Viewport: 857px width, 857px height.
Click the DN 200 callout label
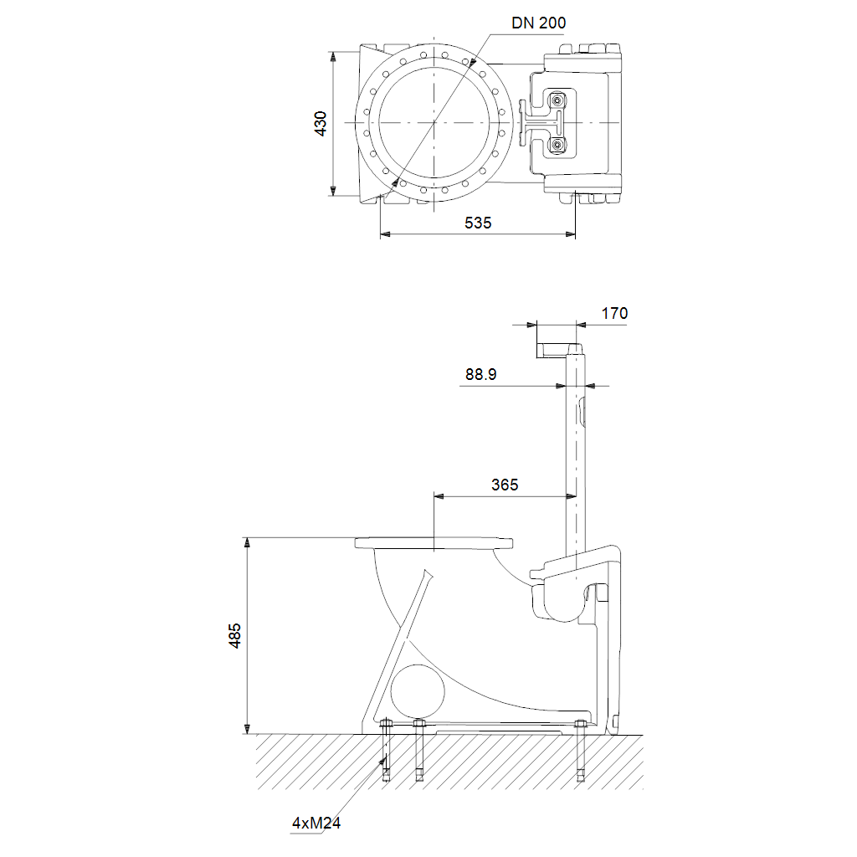[538, 23]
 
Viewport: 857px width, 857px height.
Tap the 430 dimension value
[321, 124]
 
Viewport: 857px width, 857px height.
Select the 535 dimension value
[478, 223]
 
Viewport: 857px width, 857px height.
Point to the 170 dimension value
[614, 313]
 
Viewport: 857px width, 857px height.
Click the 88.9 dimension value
[481, 374]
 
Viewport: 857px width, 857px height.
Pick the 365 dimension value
[505, 485]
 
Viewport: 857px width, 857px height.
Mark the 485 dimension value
[235, 636]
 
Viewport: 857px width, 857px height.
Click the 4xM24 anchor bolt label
[316, 823]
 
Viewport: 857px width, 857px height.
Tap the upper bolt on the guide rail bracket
[557, 100]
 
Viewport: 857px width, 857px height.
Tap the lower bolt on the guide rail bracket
[557, 144]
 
